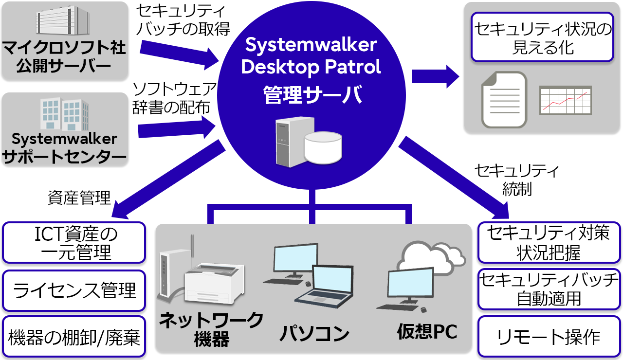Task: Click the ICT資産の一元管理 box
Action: coord(74,242)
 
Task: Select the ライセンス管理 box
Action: coord(74,290)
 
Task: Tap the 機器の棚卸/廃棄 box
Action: coord(74,337)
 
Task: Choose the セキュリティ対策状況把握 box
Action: coord(549,242)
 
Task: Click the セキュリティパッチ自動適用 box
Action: coord(549,289)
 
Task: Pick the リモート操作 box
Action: coord(549,337)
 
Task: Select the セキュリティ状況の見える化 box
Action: coord(542,37)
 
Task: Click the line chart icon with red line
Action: coord(566,100)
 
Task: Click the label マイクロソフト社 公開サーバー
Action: coord(64,56)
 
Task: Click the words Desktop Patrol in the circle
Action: coord(311,67)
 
